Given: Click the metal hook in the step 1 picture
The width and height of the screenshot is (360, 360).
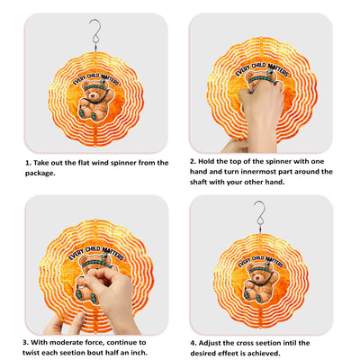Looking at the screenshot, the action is coord(95,34).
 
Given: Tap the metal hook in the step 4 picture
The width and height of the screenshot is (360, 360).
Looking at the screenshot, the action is coord(260,217).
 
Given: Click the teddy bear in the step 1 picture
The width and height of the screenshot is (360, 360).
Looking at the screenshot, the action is coord(96,99).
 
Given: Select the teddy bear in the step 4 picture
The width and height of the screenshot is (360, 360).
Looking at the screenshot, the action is coord(260,283).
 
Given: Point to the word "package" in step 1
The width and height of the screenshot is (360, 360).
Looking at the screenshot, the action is coord(39,174).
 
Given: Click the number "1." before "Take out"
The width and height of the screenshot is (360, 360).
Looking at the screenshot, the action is coord(29,163).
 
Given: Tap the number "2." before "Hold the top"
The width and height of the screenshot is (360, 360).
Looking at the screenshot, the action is coord(193,161).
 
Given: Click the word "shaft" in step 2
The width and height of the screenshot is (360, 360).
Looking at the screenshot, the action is coord(199,182).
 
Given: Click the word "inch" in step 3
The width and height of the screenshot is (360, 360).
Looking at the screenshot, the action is coord(138,353).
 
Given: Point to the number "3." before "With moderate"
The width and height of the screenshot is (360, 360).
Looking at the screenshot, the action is coord(26,342).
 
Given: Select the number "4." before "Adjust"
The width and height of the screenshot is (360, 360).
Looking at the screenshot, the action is coord(193,343).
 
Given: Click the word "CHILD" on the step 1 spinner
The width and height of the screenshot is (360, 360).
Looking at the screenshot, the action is coord(93,76).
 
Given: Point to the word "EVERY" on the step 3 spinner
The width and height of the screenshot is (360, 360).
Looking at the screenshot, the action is coord(76,255).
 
